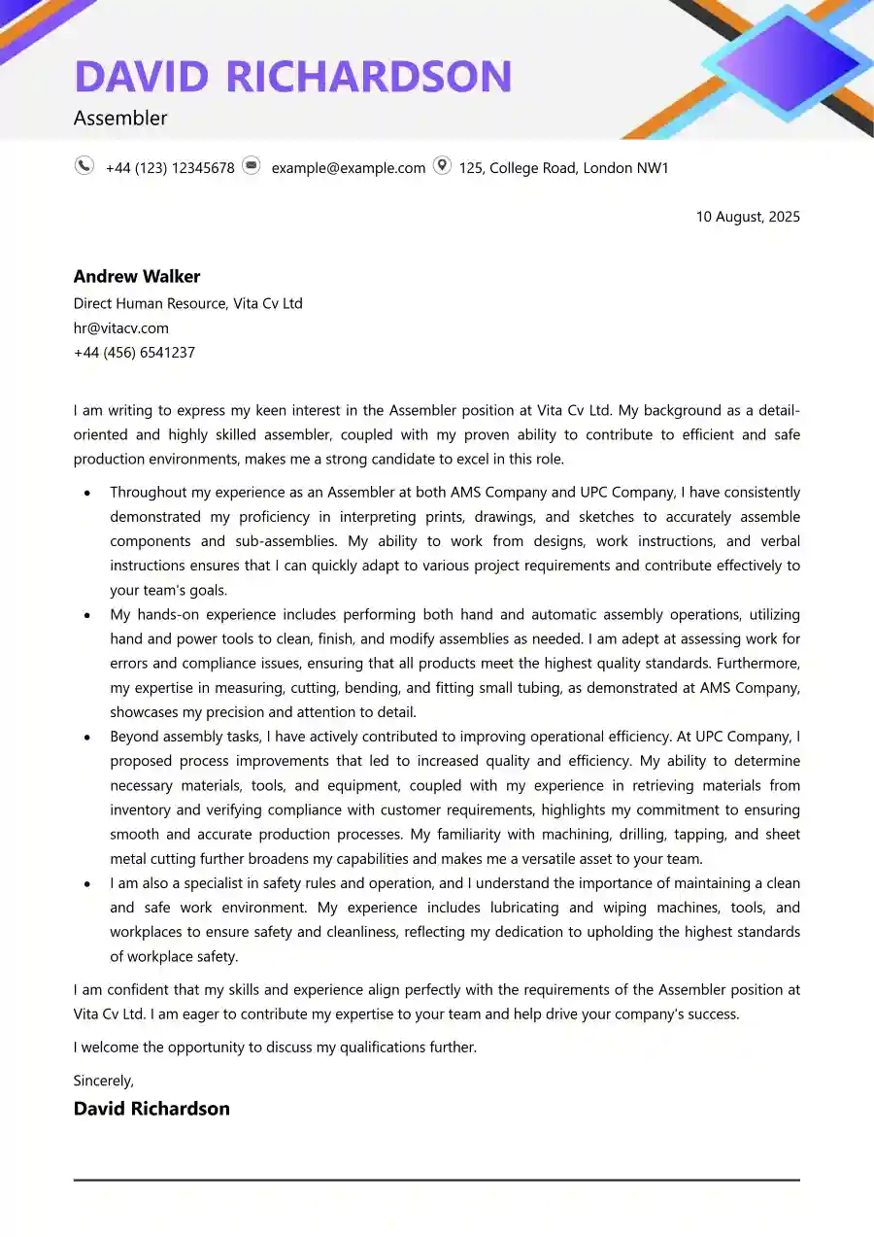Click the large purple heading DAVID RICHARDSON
point(292,77)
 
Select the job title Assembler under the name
point(120,119)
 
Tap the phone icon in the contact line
point(84,166)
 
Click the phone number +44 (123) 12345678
point(170,168)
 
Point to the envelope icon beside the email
point(252,166)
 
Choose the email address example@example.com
point(348,168)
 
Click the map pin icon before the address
point(442,166)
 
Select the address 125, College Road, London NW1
point(563,168)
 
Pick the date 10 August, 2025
point(748,217)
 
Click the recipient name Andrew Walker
point(137,276)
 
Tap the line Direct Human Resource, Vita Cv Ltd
point(187,303)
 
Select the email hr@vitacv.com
point(121,328)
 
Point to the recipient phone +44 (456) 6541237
point(134,353)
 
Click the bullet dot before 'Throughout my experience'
point(87,494)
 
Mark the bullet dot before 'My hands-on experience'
point(87,615)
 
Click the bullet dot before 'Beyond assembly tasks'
point(87,738)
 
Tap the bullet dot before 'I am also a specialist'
point(87,884)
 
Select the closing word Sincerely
point(104,1081)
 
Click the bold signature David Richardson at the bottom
point(151,1109)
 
